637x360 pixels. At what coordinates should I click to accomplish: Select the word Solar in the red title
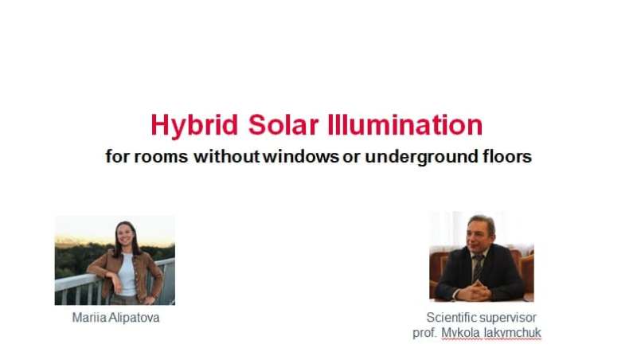[x=283, y=125]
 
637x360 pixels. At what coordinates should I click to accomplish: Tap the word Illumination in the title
[x=405, y=125]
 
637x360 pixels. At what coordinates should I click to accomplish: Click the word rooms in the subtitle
[x=161, y=157]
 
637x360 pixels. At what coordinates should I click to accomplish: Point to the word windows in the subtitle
[x=301, y=156]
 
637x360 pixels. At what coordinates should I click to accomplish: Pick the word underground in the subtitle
[x=421, y=157]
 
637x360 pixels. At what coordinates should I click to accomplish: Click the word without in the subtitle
[x=226, y=156]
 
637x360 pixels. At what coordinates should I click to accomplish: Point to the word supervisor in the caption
[x=507, y=318]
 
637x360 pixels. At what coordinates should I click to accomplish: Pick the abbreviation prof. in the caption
[x=424, y=334]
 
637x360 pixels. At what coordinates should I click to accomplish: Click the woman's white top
[x=127, y=274]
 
